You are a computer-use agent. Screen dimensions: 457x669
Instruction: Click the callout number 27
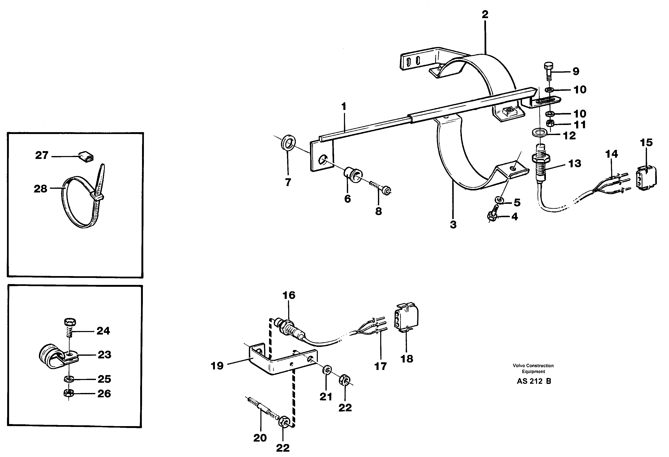[x=42, y=155]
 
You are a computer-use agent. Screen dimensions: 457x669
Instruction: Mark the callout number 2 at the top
[x=485, y=14]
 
